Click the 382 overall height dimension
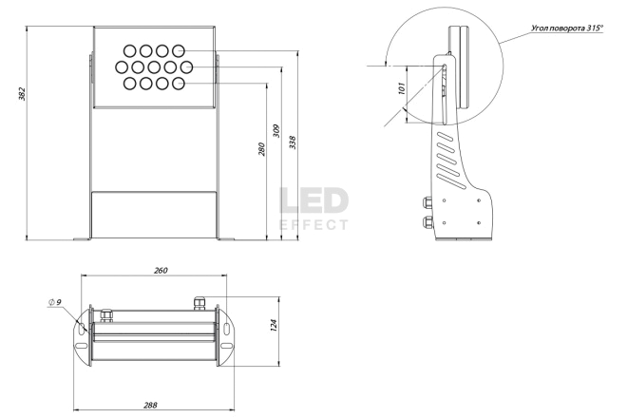pos(22,94)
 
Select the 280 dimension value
pos(261,149)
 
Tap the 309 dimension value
pos(276,131)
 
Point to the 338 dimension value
pos(294,142)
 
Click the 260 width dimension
pos(161,271)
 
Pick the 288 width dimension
pos(150,405)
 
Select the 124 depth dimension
pos(274,325)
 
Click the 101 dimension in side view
pos(402,88)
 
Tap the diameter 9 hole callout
pos(55,302)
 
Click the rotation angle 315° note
pos(567,28)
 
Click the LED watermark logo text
pos(313,201)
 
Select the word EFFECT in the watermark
pos(313,225)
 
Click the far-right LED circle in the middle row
pos(186,67)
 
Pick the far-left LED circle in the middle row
pos(122,67)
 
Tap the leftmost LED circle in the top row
pos(129,51)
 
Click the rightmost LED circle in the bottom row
pos(179,84)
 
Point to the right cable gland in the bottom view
pos(199,303)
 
